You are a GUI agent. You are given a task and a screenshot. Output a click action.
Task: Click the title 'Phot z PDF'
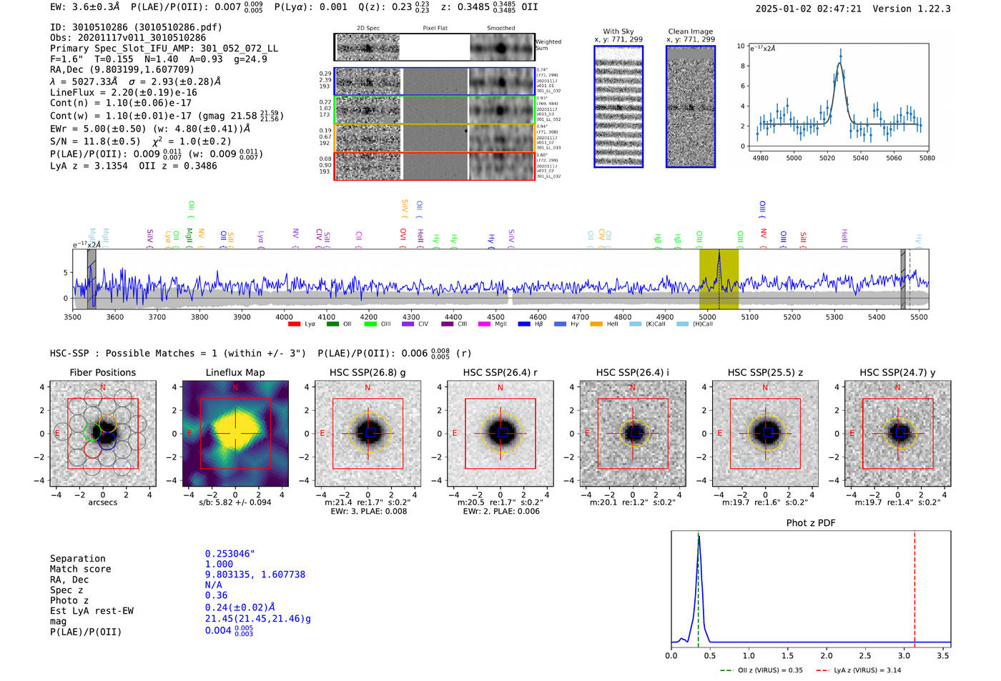point(811,523)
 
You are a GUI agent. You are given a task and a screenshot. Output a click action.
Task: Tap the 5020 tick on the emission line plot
point(827,158)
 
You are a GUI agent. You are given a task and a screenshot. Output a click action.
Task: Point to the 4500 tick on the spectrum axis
point(495,317)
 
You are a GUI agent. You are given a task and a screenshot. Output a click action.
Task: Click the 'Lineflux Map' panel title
point(235,372)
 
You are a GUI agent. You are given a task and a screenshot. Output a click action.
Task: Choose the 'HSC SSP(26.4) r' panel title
point(500,372)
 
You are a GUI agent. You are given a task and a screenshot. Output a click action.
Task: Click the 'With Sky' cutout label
point(618,31)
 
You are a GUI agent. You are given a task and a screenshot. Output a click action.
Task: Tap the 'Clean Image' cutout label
point(690,31)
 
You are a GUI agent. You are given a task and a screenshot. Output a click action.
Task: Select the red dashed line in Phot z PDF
point(914,586)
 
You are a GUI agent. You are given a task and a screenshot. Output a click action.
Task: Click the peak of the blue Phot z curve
point(699,537)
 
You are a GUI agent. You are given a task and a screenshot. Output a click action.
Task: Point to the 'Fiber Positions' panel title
point(102,372)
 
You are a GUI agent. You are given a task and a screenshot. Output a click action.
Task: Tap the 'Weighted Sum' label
point(548,45)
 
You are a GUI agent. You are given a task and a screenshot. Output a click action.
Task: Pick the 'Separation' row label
point(77,559)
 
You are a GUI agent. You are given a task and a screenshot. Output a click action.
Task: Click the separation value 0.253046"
point(230,554)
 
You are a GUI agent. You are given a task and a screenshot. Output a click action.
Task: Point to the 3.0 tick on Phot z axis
point(904,655)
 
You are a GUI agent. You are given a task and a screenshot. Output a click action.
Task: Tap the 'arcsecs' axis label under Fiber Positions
point(102,502)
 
